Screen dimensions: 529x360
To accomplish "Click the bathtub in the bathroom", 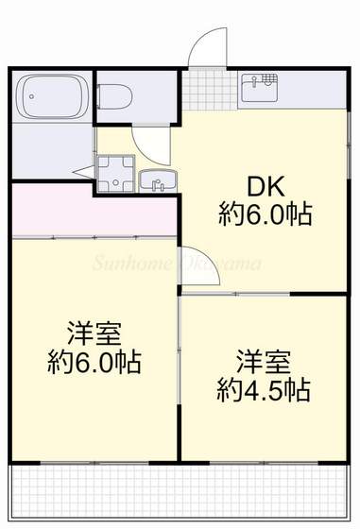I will point(53,96).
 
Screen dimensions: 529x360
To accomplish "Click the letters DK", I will point(266,183).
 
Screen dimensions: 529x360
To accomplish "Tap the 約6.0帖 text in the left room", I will point(94,362).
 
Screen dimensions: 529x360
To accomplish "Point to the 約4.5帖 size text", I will point(264,388).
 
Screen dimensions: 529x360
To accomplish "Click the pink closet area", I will point(94,209).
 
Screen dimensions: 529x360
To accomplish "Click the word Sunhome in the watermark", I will point(132,262).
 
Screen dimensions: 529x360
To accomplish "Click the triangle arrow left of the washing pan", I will point(84,172).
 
